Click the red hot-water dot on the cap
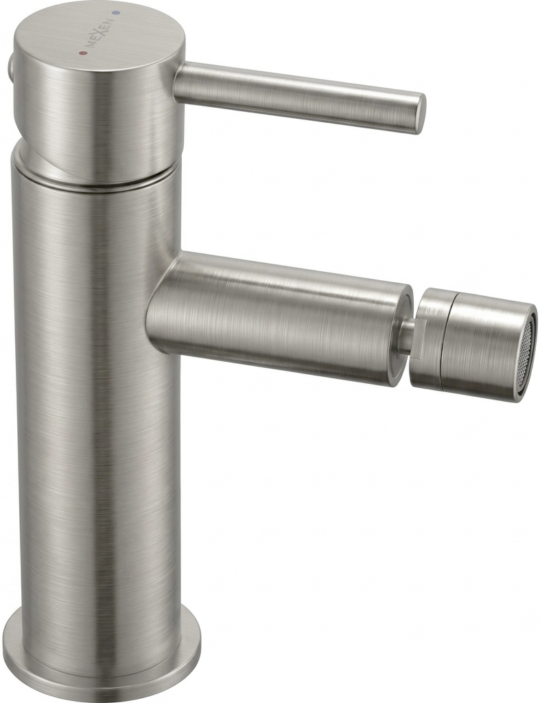pyautogui.click(x=82, y=53)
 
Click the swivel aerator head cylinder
pyautogui.click(x=474, y=345)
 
